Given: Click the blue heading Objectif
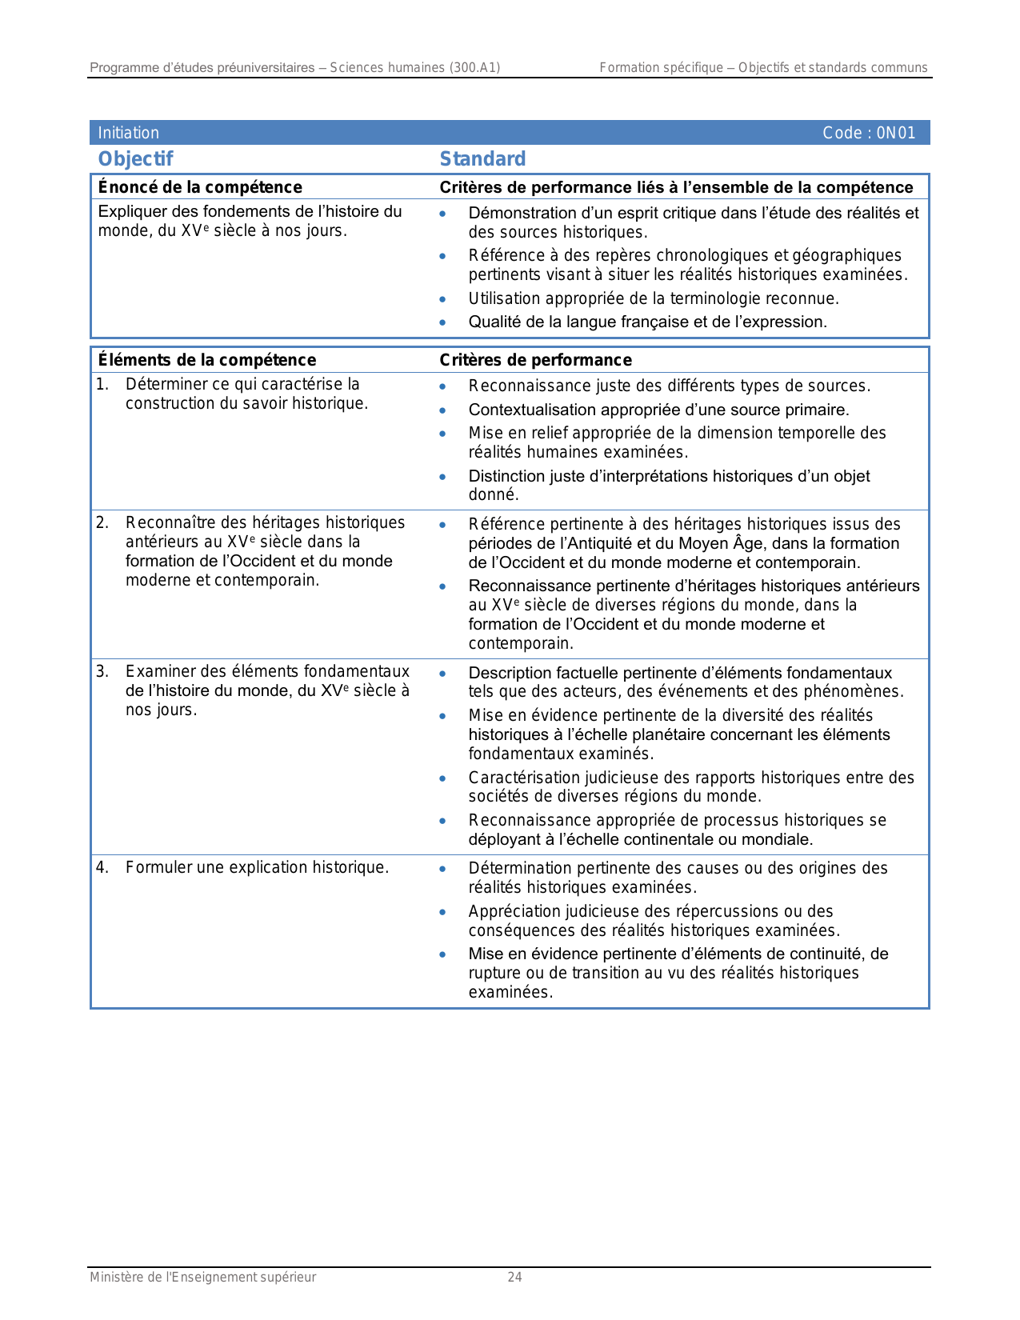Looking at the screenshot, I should coord(135,159).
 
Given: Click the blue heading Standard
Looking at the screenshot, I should coord(482,159).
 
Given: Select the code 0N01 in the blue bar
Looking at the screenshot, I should coord(895,133).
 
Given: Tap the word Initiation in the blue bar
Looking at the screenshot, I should coord(128,133).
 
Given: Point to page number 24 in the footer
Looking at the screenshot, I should coord(514,1278).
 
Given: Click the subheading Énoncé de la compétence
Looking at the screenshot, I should coord(200,187).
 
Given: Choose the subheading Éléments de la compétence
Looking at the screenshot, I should coord(206,360).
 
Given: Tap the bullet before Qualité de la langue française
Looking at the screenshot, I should coord(442,323).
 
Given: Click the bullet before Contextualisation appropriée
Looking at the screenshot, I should coord(442,410).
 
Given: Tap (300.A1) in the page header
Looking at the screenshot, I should coord(474,68).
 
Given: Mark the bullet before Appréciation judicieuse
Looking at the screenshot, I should coord(442,912).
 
